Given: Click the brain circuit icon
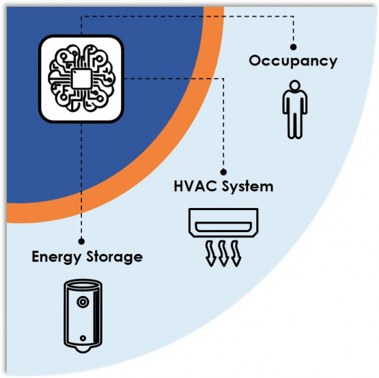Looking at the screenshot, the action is point(81,78).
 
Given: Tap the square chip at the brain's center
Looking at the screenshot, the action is point(82,78).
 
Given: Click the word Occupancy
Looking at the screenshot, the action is point(293,61).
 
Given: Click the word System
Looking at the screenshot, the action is point(248,187).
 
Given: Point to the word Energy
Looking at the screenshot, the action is point(56,257).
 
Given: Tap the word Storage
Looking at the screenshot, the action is point(115,257).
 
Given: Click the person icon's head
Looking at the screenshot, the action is point(295,86).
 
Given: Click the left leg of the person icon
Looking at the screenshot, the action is point(291,125).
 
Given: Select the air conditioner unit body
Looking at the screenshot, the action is point(223,222).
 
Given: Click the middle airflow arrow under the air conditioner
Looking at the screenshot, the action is point(223,253).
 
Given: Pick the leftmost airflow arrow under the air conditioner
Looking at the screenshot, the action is point(210,253).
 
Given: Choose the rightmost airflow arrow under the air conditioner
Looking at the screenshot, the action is point(236,253).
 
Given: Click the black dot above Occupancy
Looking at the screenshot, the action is point(293,47).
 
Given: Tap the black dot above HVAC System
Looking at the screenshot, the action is point(223,172).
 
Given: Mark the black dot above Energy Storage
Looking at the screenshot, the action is point(81,241).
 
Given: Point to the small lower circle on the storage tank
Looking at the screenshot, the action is point(83,338).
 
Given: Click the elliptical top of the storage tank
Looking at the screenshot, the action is point(83,285).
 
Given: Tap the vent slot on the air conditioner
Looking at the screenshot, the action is point(223,227).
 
